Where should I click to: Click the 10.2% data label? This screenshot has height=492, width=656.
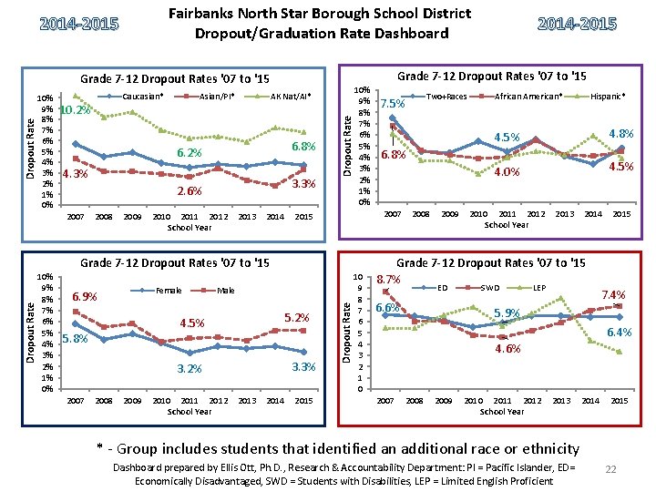tap(75, 110)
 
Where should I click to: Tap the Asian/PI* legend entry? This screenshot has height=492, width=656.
tap(215, 96)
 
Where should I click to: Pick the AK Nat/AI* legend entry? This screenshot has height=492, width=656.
tap(289, 96)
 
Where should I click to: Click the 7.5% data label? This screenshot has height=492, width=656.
tap(395, 103)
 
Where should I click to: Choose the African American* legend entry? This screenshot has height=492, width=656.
tap(528, 96)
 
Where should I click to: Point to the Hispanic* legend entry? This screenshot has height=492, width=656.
tap(608, 96)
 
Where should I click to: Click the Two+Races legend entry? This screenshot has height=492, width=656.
tap(446, 96)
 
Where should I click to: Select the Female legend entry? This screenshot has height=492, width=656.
tap(169, 292)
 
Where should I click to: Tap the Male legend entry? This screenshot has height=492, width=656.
tap(226, 292)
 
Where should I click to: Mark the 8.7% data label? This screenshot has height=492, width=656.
tap(391, 280)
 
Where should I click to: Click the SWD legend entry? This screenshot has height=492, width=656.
tap(491, 288)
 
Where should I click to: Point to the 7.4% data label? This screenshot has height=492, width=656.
tap(612, 295)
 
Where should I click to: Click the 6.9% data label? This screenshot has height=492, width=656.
tap(85, 297)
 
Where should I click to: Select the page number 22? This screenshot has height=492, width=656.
tap(611, 467)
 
